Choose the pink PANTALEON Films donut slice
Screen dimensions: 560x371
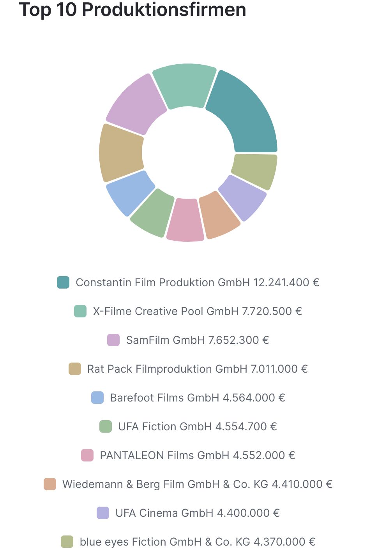point(185,220)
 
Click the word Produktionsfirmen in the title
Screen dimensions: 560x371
point(164,10)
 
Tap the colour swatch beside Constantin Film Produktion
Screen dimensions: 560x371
point(63,282)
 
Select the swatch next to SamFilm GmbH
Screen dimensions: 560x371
point(113,340)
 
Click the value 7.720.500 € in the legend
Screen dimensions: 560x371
point(272,311)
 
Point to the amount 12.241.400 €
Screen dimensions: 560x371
point(286,282)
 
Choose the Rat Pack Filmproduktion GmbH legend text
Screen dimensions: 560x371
point(167,369)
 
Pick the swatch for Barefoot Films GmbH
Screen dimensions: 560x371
point(97,398)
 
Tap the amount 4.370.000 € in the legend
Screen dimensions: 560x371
point(284,542)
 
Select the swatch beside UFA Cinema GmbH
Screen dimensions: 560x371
point(103,513)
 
